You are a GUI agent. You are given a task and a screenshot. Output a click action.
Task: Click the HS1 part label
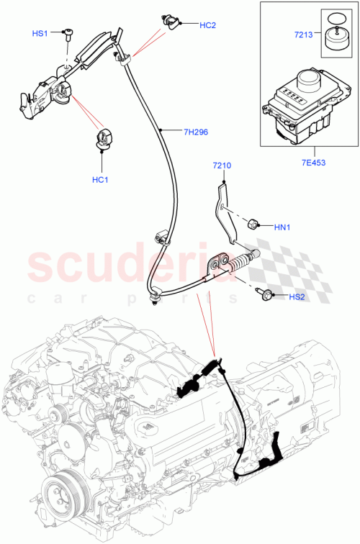(x=40, y=34)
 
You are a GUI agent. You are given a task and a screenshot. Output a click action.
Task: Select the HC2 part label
(x=207, y=25)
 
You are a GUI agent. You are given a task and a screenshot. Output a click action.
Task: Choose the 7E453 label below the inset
(x=315, y=163)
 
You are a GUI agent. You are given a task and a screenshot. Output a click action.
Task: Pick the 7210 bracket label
(x=222, y=166)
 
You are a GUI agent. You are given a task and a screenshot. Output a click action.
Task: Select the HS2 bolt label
(x=297, y=296)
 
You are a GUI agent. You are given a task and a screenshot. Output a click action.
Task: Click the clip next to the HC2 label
(x=171, y=23)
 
